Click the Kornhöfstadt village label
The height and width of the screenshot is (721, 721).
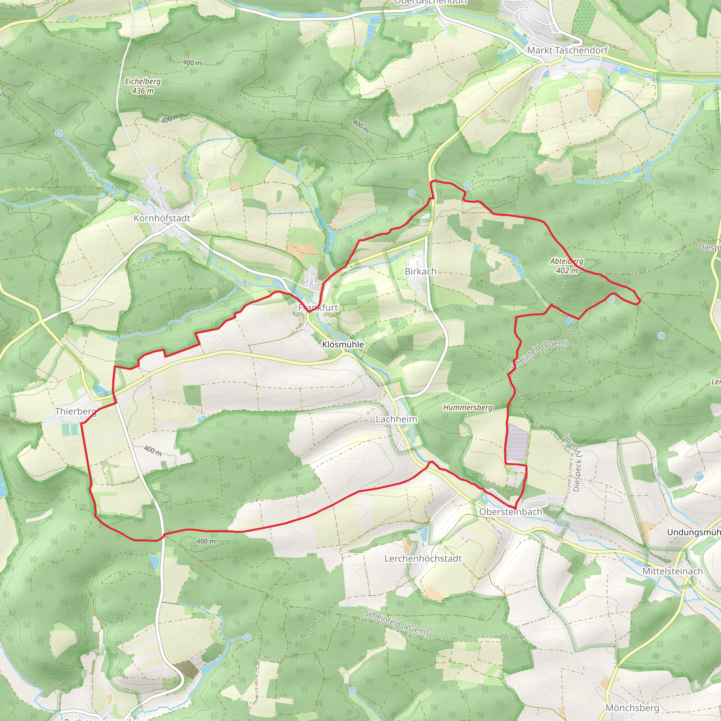[x=162, y=218]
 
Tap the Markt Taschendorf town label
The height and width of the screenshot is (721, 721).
[x=567, y=50]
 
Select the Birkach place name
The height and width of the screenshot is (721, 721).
[x=421, y=271]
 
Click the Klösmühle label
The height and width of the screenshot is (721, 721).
[x=343, y=344]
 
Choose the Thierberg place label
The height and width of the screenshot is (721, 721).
[x=76, y=411]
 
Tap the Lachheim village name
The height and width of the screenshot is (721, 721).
[x=396, y=419]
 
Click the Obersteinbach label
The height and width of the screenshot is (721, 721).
[x=510, y=512]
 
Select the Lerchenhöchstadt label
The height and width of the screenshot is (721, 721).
[x=423, y=558]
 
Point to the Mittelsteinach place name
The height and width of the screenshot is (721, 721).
[x=672, y=571]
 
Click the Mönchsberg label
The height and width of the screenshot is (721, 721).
[x=632, y=708]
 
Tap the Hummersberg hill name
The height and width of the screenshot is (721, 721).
[x=468, y=408]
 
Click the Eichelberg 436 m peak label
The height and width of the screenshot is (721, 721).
[x=143, y=86]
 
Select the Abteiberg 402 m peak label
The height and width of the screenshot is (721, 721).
[x=566, y=266]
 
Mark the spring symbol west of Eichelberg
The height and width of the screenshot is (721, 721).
[x=58, y=133]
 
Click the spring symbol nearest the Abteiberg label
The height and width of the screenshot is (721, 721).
[x=611, y=299]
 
